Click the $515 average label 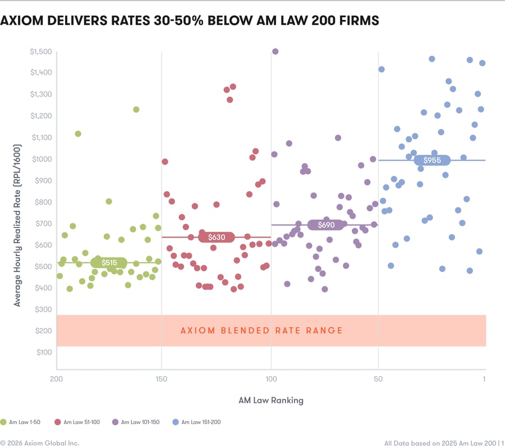coord(109,262)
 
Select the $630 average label coord(217,237)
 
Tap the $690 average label coord(326,225)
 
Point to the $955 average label coord(432,160)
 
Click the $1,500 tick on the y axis coord(41,52)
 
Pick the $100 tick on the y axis coord(44,352)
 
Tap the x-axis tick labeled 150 coord(162,379)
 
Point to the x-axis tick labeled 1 coord(484,379)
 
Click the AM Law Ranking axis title coord(271,401)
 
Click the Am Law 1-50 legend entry coord(20,422)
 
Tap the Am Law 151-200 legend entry coord(197,422)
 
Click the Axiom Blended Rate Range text coord(261,330)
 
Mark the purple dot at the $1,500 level coord(275,52)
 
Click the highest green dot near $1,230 coord(136,110)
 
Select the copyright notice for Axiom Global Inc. coord(40,443)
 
